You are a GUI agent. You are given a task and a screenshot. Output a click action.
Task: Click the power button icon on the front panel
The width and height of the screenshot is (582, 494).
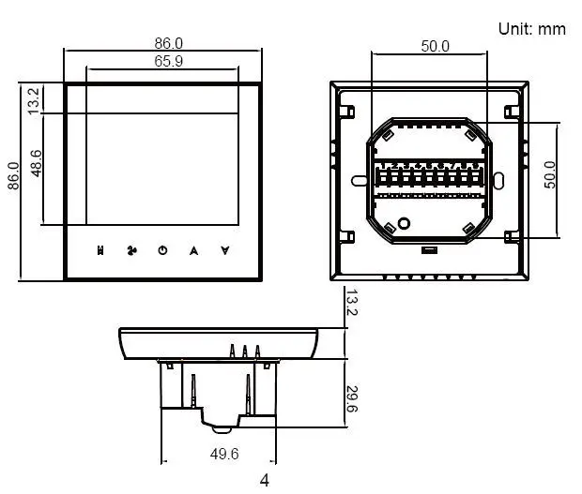pos(162,250)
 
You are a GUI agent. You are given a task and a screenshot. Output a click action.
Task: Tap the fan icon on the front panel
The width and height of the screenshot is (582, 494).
pos(131,250)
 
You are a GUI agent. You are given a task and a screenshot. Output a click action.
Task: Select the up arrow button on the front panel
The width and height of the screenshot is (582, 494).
pos(193,250)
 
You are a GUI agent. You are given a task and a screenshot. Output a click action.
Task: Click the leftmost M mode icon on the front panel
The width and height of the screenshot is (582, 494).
pos(100,250)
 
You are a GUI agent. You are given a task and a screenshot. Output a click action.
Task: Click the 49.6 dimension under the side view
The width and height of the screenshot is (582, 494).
pos(223,454)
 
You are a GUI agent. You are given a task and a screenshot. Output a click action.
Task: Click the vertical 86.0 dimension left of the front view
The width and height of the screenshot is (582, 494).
pos(13,176)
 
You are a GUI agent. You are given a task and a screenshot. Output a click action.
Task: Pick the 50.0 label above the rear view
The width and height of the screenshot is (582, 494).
pos(435,45)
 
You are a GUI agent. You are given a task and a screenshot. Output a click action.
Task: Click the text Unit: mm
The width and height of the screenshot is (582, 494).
pos(531,29)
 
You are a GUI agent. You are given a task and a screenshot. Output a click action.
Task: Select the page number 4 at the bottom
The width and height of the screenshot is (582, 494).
pos(265,481)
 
